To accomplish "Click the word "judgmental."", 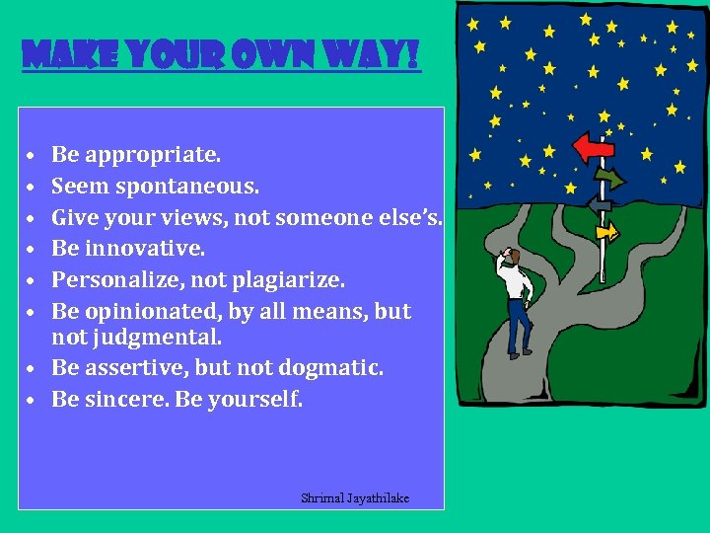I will [168, 337].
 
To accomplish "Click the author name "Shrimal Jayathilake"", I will [355, 498].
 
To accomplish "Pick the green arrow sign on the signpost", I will [607, 179].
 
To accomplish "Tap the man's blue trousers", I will [517, 324].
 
